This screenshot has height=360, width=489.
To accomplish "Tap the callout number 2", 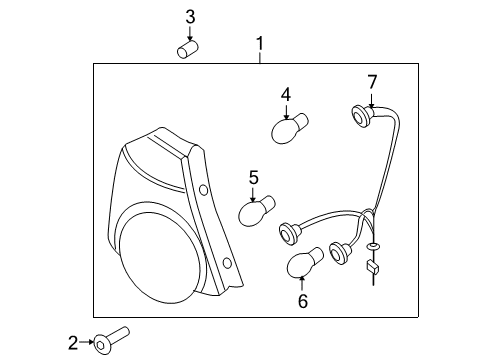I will coord(73,344).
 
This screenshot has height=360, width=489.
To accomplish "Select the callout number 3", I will coord(190,16).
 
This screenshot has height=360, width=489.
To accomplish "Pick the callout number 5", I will coord(253,177).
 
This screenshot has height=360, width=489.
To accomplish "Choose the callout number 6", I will coord(302,298).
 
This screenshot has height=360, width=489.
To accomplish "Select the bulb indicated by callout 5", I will coord(256,212).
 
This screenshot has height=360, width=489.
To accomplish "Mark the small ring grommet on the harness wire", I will coord(372,245).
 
